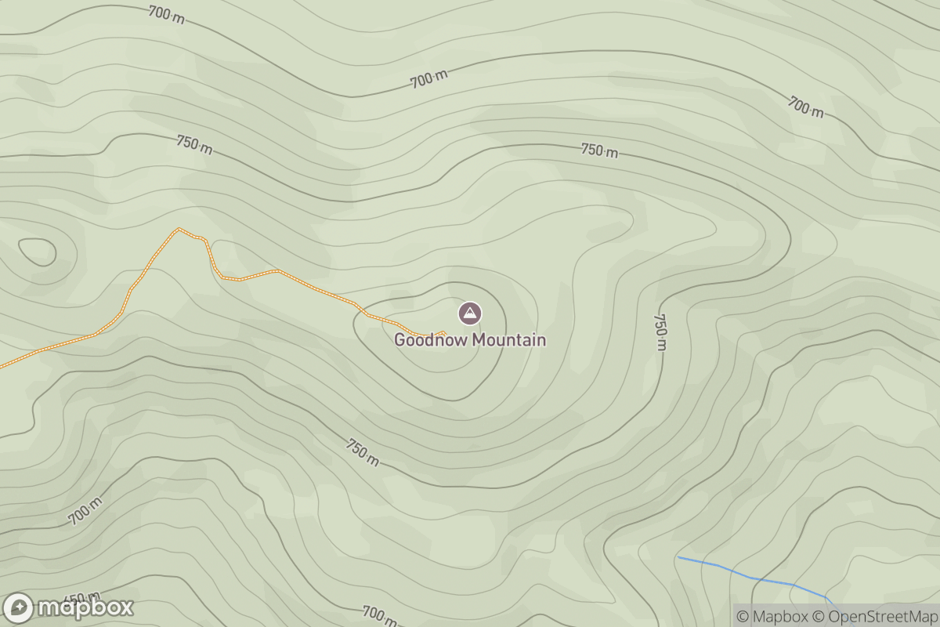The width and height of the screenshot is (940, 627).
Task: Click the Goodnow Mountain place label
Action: click(x=469, y=340)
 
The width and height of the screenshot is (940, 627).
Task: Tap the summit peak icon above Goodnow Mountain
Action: click(x=469, y=314)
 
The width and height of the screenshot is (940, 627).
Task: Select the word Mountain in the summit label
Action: click(x=506, y=340)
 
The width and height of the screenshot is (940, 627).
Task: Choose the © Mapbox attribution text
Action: click(x=772, y=617)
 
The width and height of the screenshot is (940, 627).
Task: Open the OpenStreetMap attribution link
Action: click(x=875, y=617)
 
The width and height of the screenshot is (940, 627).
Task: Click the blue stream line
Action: click(x=752, y=578)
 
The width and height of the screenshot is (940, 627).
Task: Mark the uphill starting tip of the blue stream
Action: click(x=678, y=557)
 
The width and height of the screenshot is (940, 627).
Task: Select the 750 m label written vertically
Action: click(x=660, y=332)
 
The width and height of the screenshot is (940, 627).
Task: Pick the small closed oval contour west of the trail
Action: click(x=37, y=252)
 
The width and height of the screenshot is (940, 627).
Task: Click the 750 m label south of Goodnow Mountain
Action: click(x=363, y=452)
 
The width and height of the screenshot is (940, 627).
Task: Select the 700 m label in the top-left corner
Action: click(x=165, y=13)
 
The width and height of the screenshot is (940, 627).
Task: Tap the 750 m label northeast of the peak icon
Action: click(x=600, y=150)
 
